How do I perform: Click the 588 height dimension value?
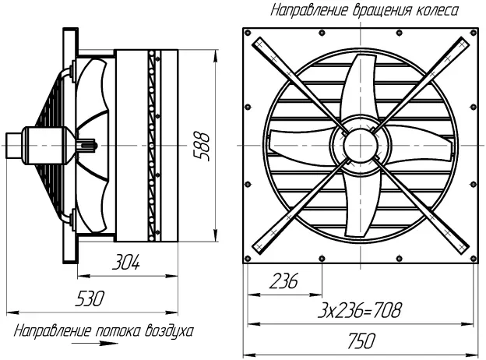coord(202,146)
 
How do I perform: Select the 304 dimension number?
coord(126,262)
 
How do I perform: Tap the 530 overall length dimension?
coord(90,298)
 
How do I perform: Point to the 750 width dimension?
coord(361,341)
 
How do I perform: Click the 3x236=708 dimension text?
coord(360,310)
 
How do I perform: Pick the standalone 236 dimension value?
coord(283,281)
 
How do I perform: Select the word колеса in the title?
coord(437,10)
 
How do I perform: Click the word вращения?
coord(382,11)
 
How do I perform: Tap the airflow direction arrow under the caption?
coord(95,344)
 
